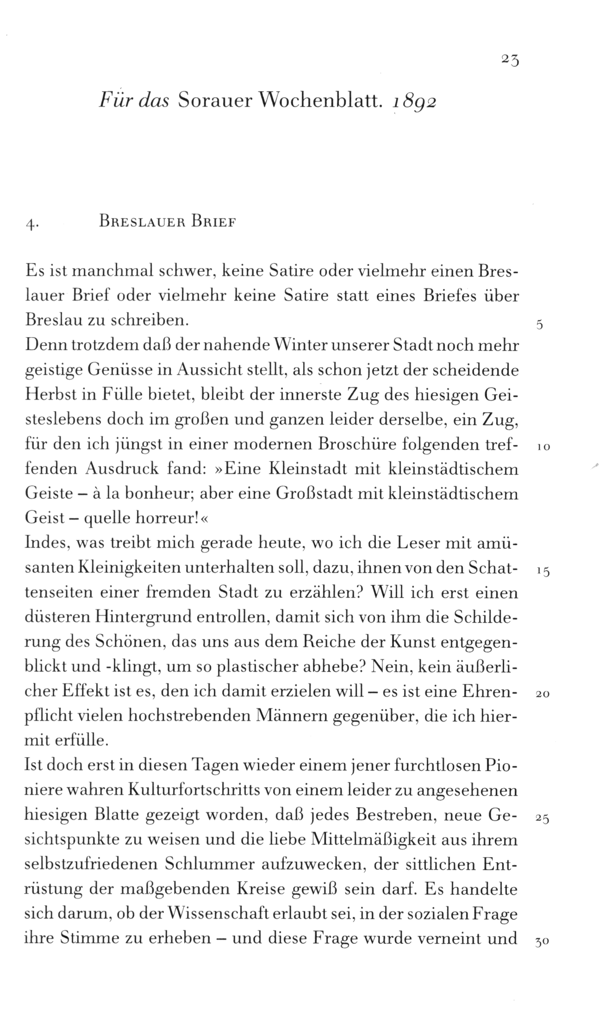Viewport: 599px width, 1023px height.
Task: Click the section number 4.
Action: tap(31, 224)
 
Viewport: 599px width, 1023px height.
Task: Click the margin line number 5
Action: tap(539, 325)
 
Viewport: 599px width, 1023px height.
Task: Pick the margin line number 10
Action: tap(543, 448)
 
